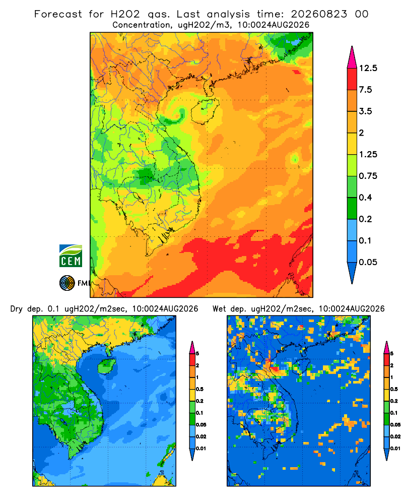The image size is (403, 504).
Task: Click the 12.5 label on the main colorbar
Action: [x=368, y=68]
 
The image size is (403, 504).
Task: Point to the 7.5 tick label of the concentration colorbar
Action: [x=365, y=90]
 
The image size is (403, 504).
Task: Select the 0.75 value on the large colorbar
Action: [x=368, y=176]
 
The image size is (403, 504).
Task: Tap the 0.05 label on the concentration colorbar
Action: [x=368, y=262]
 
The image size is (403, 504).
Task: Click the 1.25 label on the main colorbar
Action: [x=368, y=154]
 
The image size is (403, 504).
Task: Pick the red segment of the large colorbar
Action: [x=352, y=79]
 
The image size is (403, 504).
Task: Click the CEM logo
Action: [x=71, y=256]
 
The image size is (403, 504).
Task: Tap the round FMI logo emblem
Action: [x=67, y=283]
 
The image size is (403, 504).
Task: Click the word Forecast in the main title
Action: [x=58, y=14]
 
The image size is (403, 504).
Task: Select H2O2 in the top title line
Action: [x=125, y=14]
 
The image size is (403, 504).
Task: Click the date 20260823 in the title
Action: [x=319, y=14]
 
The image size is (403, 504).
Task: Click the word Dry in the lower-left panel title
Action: [x=17, y=309]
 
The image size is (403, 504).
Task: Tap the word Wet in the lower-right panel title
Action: [x=220, y=309]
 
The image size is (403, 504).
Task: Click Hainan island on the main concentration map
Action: [x=205, y=111]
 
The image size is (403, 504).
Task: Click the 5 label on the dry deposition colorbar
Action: [x=197, y=354]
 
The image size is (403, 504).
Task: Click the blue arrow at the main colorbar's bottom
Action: [x=352, y=273]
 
